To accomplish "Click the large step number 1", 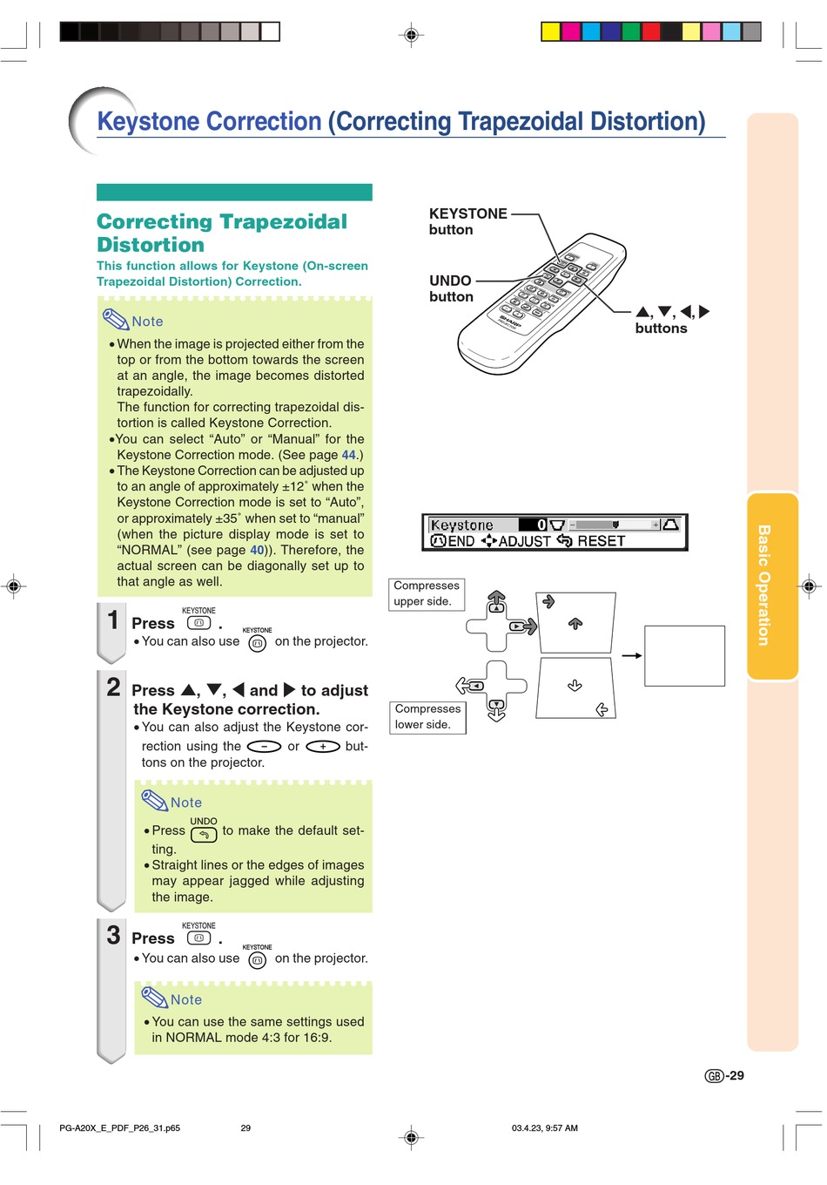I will [x=113, y=620].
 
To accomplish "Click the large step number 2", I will [x=113, y=687].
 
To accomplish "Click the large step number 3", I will [x=113, y=935].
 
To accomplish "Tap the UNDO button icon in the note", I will [x=204, y=835].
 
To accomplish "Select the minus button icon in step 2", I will [x=264, y=747].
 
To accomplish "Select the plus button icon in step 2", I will [x=322, y=747].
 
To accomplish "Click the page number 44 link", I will [x=349, y=455].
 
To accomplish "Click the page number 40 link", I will [x=257, y=550].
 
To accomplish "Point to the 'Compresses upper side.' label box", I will [x=427, y=593].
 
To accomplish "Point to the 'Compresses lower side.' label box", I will [x=427, y=716].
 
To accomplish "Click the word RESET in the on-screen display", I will [x=601, y=541].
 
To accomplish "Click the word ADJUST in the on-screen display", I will [x=524, y=541].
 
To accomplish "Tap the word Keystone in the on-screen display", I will [x=462, y=525].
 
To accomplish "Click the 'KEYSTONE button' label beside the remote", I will [x=467, y=221].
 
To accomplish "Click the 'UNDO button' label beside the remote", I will [x=451, y=288].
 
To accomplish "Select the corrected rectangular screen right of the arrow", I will [x=684, y=656].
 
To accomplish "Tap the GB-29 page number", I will [x=724, y=1076].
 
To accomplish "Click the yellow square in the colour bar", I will [x=550, y=32].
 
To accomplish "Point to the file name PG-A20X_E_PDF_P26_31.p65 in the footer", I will [x=119, y=1127].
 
